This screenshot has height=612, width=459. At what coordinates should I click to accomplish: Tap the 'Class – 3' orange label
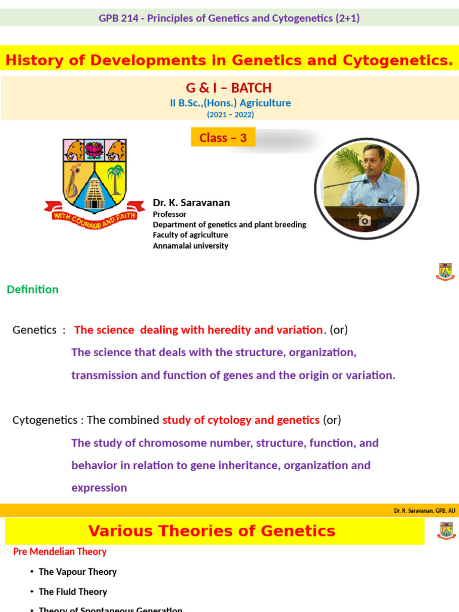click(223, 137)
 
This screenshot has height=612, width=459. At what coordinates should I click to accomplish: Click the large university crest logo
click(95, 180)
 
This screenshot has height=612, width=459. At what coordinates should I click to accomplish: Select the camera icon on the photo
click(363, 220)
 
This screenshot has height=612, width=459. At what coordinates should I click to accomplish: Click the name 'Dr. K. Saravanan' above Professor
click(191, 203)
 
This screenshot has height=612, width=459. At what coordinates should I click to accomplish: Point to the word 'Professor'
click(169, 214)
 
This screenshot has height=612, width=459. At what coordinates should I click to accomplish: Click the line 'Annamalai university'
click(190, 246)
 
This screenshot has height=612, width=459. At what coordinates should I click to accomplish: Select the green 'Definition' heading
click(32, 289)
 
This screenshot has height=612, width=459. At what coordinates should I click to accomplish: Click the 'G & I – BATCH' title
click(229, 88)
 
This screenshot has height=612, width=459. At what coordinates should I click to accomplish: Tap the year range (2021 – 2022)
click(229, 115)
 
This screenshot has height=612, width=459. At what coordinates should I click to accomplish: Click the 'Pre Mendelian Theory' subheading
click(60, 552)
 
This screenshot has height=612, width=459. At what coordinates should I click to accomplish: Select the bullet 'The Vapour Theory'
click(78, 572)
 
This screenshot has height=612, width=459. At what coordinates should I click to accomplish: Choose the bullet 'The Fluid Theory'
click(73, 592)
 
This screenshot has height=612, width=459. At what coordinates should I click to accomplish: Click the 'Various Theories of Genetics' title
click(212, 531)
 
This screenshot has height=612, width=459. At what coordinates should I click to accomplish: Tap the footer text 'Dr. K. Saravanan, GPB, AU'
click(424, 510)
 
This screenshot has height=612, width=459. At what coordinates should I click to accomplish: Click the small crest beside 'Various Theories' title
click(446, 531)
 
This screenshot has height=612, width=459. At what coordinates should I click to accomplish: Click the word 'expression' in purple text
click(99, 488)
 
